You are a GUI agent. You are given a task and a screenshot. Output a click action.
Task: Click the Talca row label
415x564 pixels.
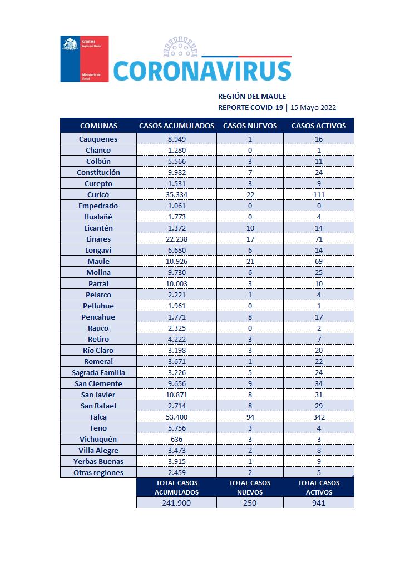[x=98, y=417]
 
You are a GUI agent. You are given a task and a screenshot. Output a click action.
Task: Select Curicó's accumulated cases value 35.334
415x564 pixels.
[x=176, y=194]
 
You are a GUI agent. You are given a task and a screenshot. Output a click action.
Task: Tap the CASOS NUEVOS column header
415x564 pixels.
[x=250, y=126]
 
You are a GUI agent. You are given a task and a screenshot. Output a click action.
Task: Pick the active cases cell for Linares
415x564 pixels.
[x=319, y=239]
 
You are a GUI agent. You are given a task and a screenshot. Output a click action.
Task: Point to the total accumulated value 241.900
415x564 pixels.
[x=176, y=503]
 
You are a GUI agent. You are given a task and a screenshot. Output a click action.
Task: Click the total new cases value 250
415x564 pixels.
[x=250, y=503]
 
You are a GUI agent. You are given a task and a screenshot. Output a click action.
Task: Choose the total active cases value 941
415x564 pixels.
[x=319, y=503]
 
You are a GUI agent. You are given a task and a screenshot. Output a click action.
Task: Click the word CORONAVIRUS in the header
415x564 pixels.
[x=202, y=71]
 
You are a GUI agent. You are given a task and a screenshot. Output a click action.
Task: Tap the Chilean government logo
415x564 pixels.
[x=84, y=59]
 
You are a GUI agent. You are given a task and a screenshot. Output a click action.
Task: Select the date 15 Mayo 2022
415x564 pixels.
[x=313, y=108]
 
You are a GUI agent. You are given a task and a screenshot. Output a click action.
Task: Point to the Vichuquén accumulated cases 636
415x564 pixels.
[x=176, y=439]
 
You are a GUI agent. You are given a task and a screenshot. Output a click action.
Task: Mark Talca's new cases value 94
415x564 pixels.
[x=250, y=417]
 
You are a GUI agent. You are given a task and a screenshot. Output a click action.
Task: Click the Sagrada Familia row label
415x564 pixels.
[x=98, y=372]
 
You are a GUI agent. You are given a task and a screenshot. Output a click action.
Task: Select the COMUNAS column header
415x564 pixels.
[x=98, y=126]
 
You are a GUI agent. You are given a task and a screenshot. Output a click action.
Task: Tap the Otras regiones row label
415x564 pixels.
[x=98, y=472]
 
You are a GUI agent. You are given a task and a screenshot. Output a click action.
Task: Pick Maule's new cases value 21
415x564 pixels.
[x=250, y=261]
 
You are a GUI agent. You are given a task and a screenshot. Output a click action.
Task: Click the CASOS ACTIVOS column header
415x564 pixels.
[x=319, y=126]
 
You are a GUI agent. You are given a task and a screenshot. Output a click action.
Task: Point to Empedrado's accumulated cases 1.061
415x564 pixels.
[x=176, y=206]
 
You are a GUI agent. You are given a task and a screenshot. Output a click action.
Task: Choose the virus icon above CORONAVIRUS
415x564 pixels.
[x=180, y=49]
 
